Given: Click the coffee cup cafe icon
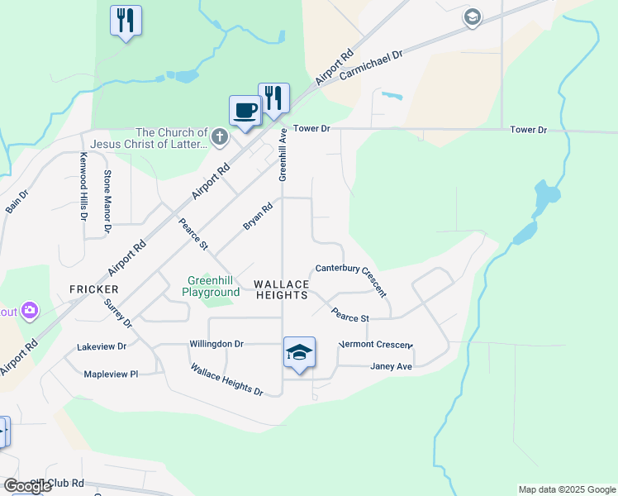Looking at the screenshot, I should (x=245, y=110).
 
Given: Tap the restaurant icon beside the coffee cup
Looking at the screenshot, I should (x=273, y=98).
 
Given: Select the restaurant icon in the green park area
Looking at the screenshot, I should (x=126, y=20).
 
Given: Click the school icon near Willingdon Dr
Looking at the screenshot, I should (x=299, y=352).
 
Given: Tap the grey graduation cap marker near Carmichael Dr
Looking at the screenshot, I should (x=472, y=17).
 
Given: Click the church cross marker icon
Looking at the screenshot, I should (x=219, y=137).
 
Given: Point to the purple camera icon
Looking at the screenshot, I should (x=30, y=311).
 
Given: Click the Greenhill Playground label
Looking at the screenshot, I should (x=211, y=287).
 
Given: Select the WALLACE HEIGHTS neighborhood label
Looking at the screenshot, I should (x=282, y=289).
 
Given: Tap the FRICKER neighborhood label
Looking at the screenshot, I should (x=94, y=289).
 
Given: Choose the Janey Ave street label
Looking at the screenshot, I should (x=391, y=366).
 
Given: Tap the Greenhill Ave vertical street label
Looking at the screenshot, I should (x=283, y=155).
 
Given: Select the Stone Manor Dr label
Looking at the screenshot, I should (x=107, y=201).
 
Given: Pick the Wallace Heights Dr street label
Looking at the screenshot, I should (x=226, y=380).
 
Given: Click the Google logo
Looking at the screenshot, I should (x=27, y=486).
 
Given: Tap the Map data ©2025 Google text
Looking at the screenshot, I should (x=566, y=489).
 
